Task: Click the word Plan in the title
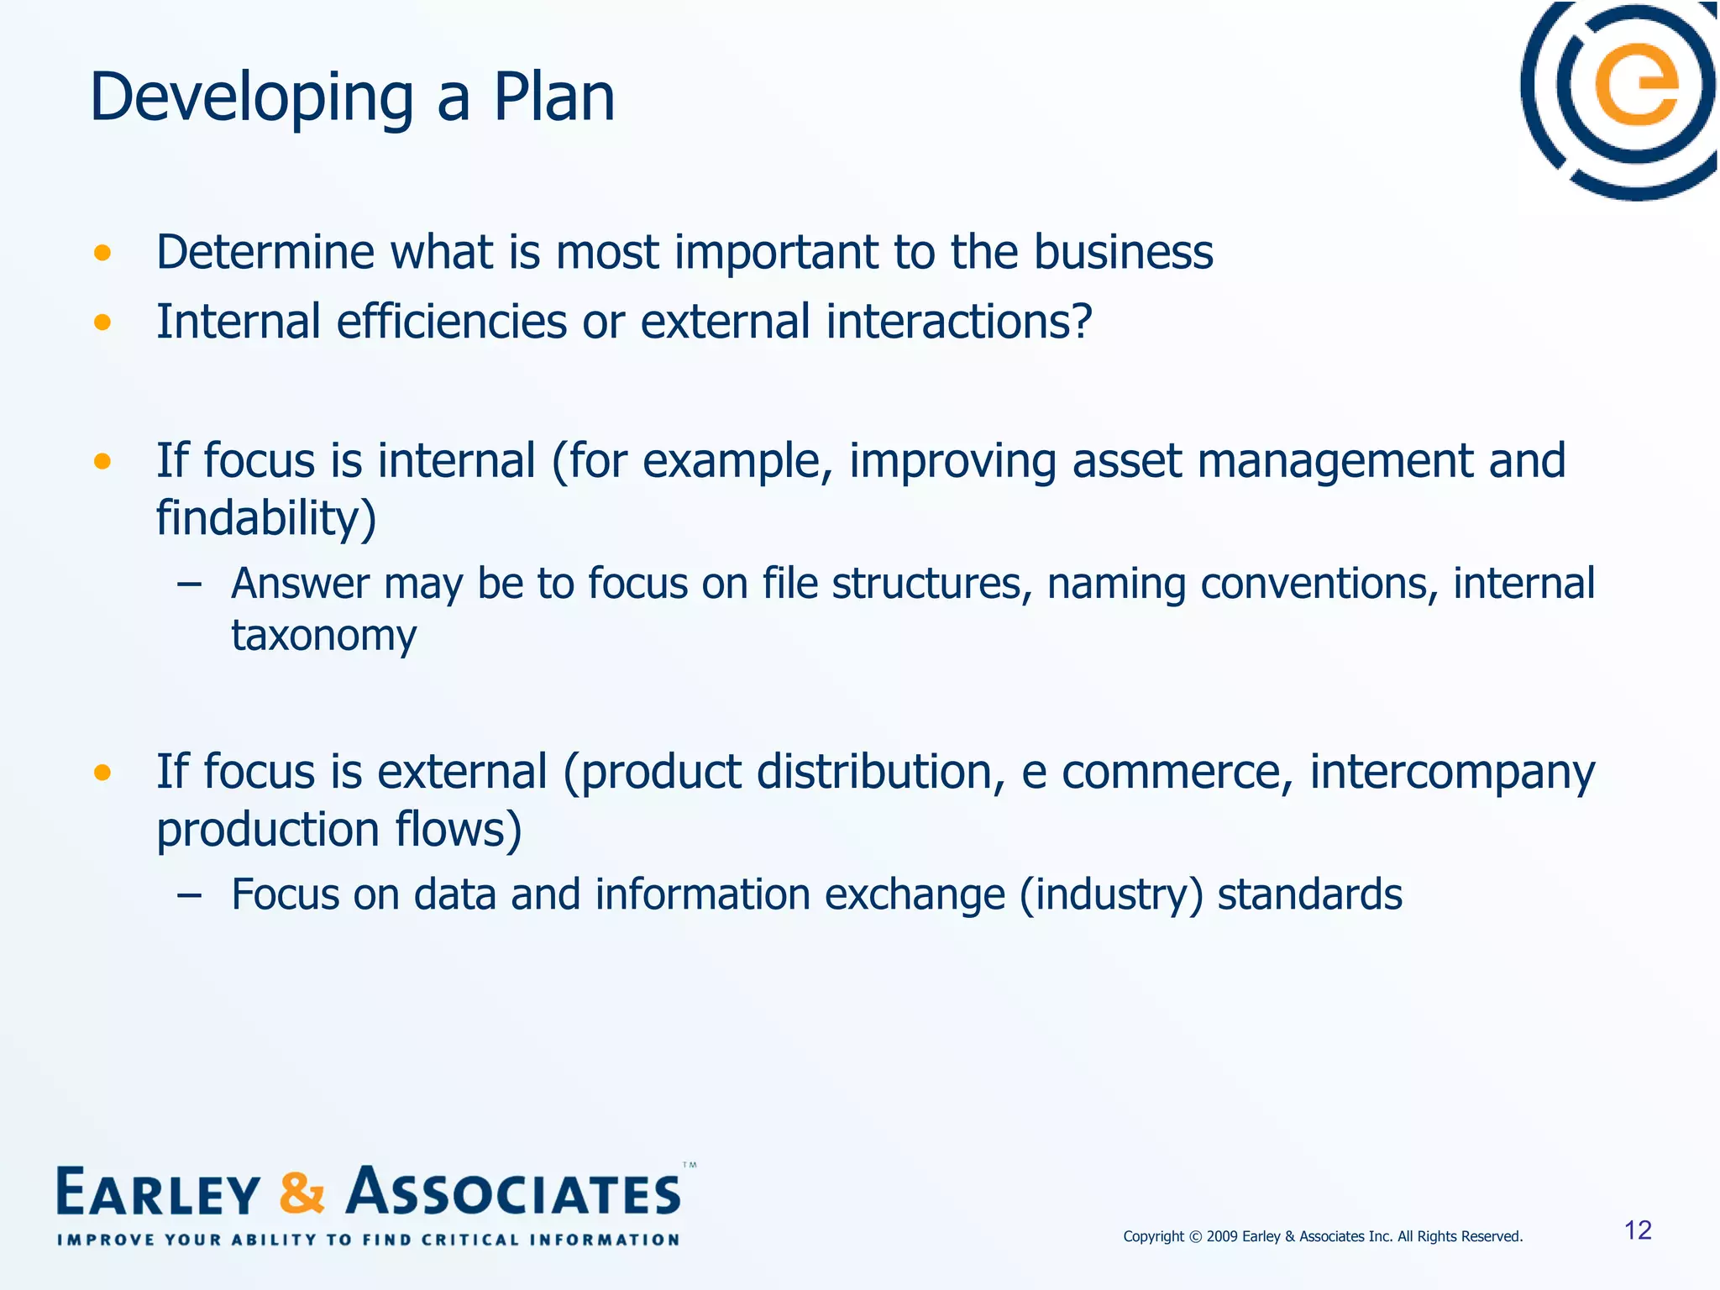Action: [x=553, y=97]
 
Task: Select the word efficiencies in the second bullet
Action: [x=452, y=322]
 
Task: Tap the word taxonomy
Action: [x=323, y=636]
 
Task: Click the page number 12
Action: [x=1638, y=1230]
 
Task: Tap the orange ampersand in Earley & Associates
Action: [x=301, y=1193]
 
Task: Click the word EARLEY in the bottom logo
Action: [x=158, y=1193]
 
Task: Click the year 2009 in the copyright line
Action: [x=1222, y=1236]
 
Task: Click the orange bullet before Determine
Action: [x=102, y=253]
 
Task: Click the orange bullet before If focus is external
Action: [x=102, y=772]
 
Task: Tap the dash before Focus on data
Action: [x=190, y=895]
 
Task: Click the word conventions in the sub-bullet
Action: [x=1314, y=584]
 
